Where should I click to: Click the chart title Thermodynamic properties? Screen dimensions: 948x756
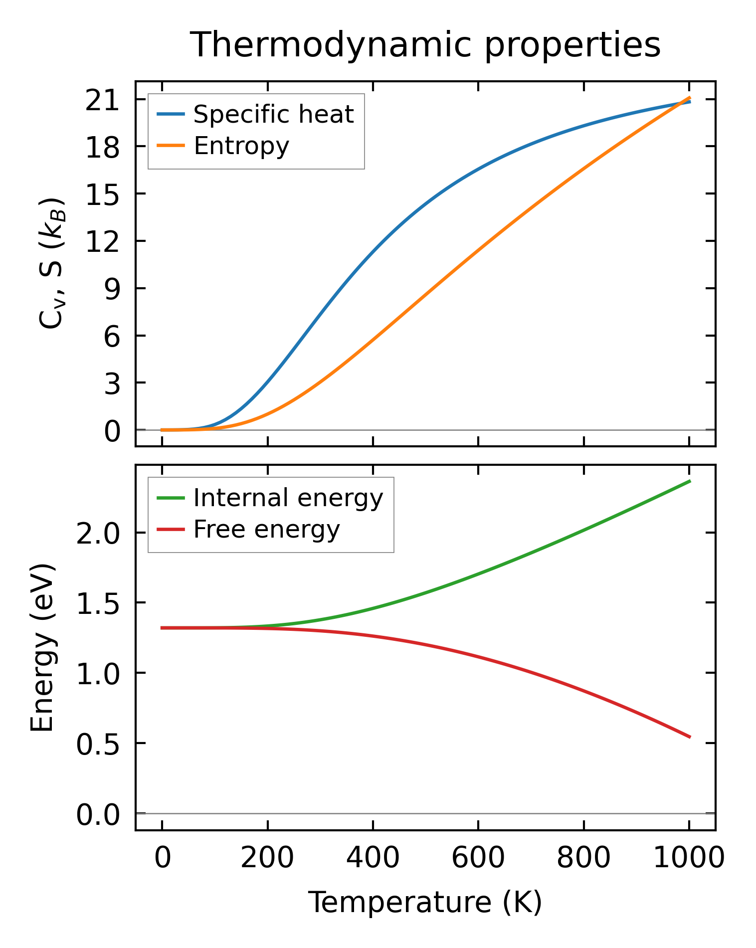click(425, 45)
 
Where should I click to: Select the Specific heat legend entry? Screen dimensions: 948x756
click(273, 114)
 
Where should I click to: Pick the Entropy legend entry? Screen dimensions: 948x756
click(241, 146)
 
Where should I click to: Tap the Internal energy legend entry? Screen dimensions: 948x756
click(288, 498)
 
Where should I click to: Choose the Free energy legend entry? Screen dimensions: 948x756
click(266, 529)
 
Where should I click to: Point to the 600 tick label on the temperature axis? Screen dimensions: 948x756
click(478, 858)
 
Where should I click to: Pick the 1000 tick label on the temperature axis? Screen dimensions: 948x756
click(689, 858)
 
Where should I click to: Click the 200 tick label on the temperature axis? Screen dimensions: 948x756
click(267, 858)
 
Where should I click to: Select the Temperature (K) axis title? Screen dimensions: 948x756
click(425, 902)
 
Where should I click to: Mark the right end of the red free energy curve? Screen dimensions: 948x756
click(690, 737)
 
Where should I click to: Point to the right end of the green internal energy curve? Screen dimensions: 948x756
click(690, 481)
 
